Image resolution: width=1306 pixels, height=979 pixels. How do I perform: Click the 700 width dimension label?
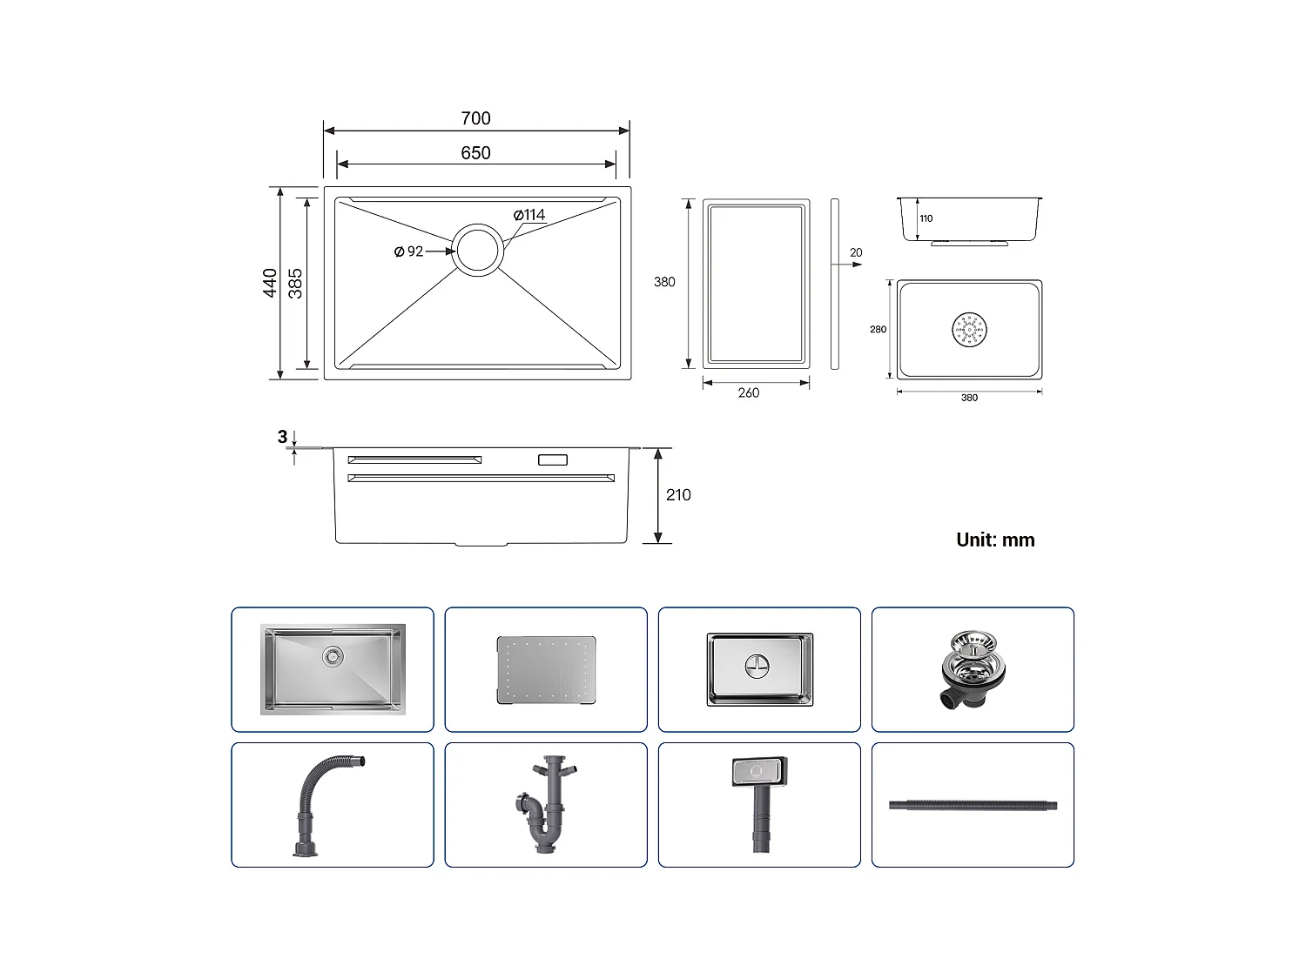click(x=475, y=118)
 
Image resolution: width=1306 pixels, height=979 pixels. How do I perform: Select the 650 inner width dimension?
click(x=475, y=153)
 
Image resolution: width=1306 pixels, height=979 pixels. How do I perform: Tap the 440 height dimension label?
click(x=271, y=283)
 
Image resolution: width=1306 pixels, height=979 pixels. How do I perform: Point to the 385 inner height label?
click(x=296, y=283)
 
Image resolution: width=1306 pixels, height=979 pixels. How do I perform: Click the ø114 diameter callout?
click(x=529, y=215)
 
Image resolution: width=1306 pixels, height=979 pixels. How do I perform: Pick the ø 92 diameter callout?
click(x=408, y=251)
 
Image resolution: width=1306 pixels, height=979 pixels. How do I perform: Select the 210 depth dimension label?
click(x=678, y=495)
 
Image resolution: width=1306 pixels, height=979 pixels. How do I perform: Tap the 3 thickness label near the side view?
click(x=282, y=437)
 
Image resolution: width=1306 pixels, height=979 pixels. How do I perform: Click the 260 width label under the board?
click(x=748, y=393)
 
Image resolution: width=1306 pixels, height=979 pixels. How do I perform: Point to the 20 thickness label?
click(x=856, y=253)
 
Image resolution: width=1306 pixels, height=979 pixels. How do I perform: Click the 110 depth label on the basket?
click(x=926, y=218)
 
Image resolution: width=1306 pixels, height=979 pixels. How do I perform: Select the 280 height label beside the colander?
click(x=878, y=330)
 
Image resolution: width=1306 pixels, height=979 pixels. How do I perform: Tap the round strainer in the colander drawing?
click(x=969, y=330)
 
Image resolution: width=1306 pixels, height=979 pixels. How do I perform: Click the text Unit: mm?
click(x=995, y=540)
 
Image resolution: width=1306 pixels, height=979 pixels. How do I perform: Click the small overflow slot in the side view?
click(x=553, y=459)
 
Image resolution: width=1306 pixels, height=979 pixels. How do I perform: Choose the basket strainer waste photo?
click(x=973, y=670)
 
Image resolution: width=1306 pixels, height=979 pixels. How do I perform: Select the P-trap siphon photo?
click(x=546, y=805)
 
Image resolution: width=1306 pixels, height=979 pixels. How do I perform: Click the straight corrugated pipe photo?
click(x=973, y=806)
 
